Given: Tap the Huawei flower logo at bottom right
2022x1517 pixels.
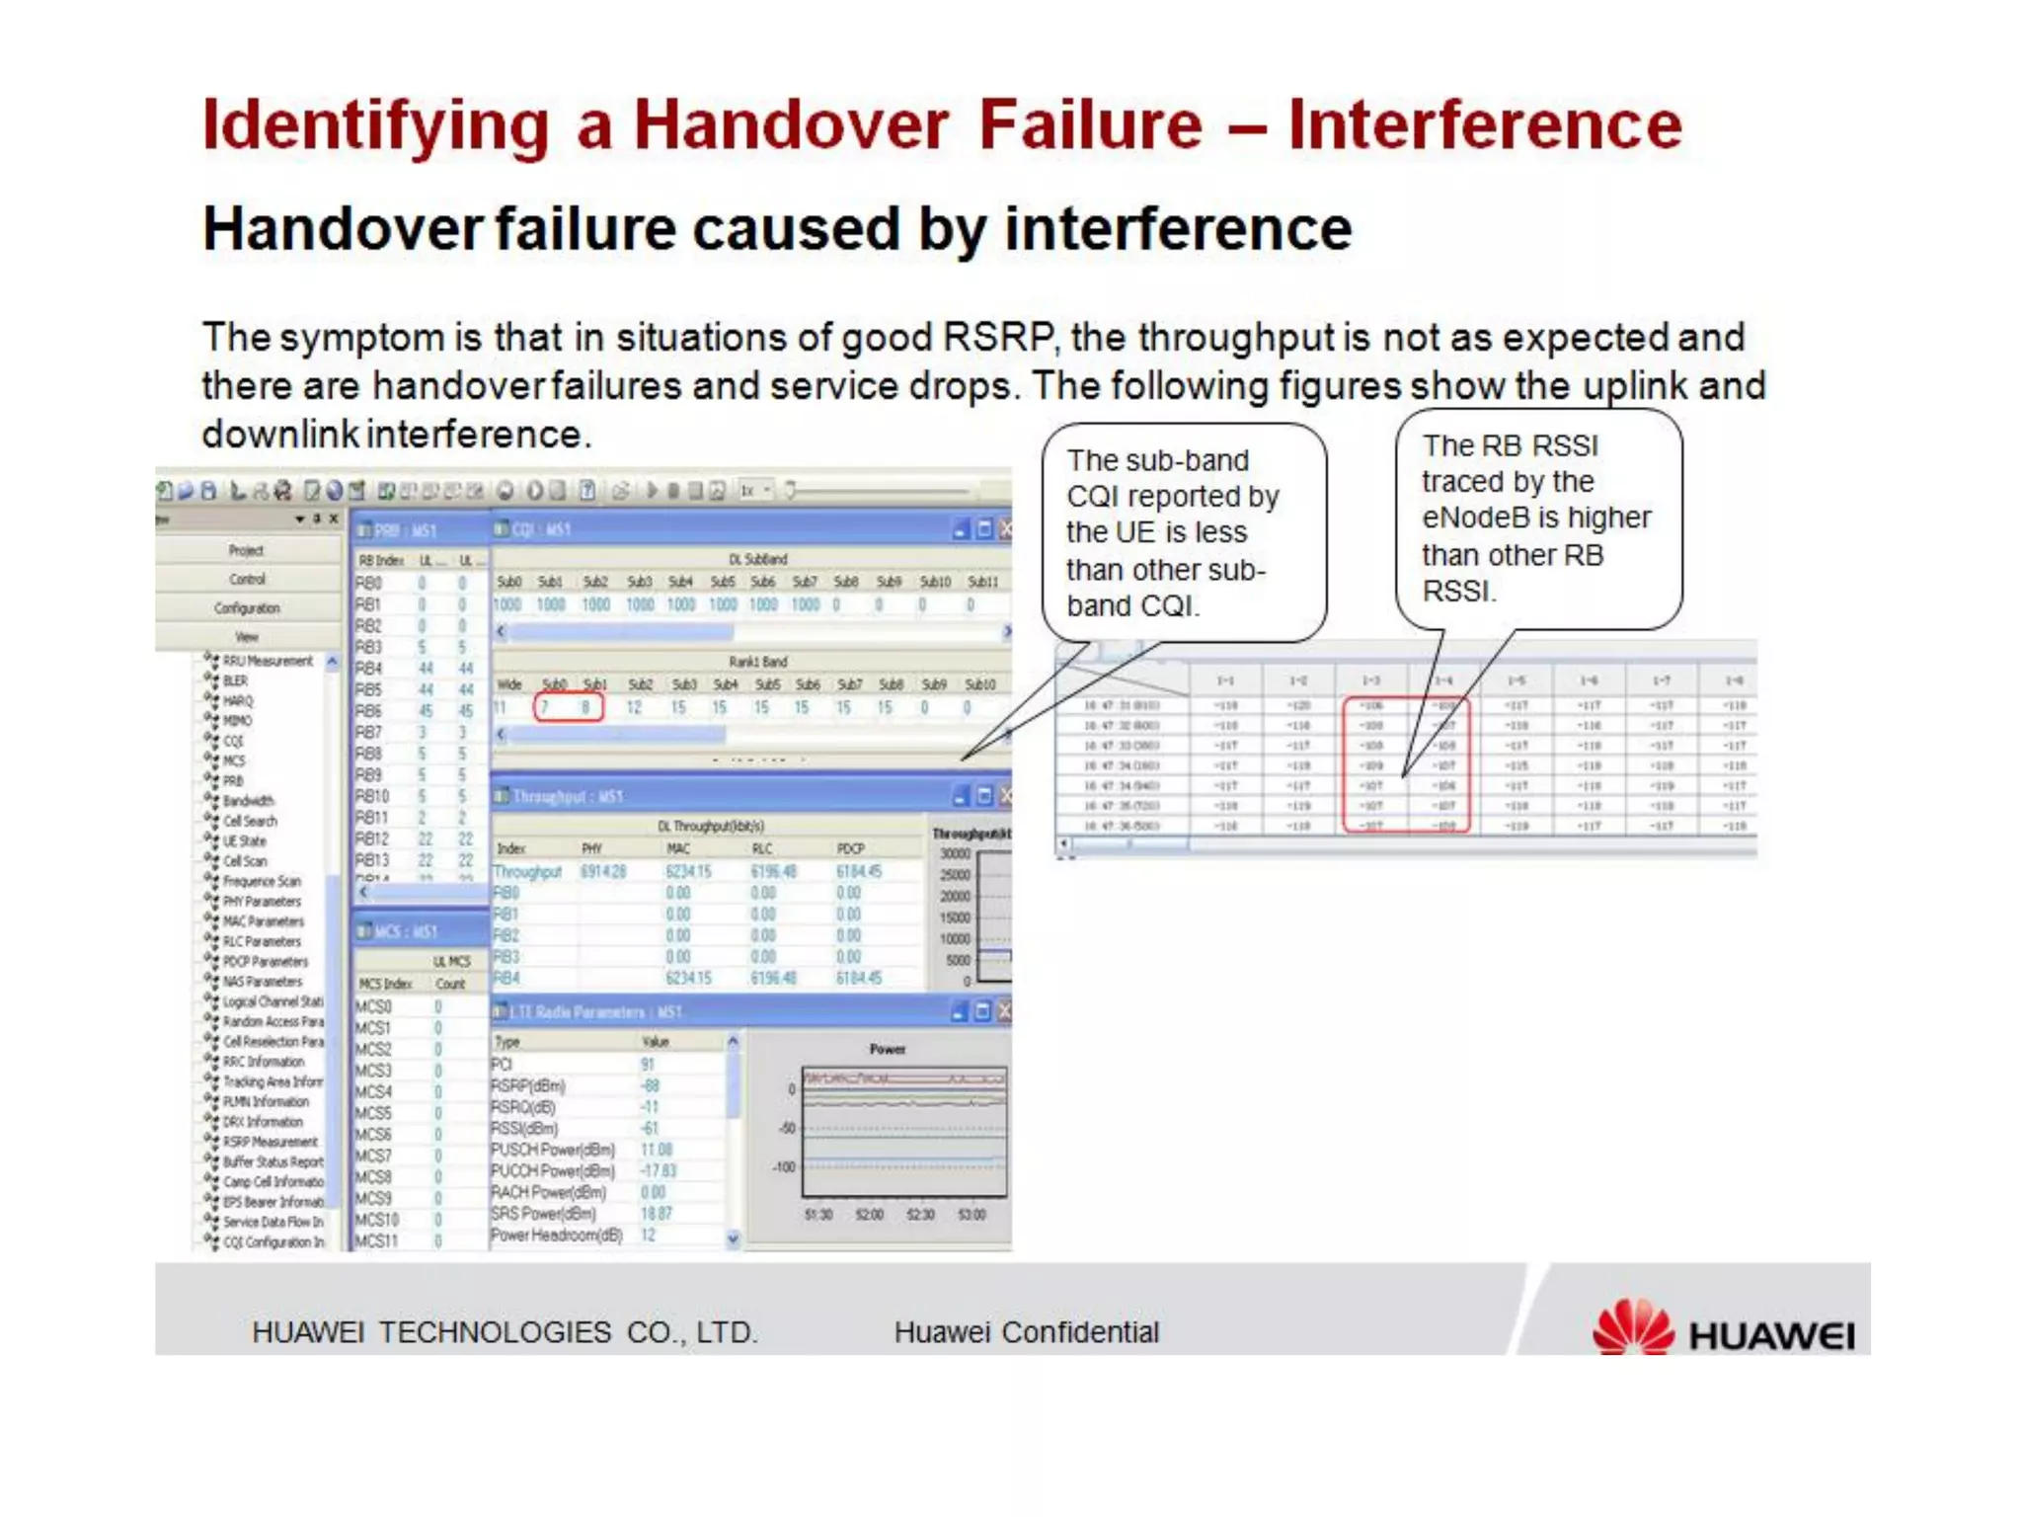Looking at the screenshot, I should pos(1632,1327).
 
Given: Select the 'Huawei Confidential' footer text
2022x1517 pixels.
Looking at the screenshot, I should pos(1026,1332).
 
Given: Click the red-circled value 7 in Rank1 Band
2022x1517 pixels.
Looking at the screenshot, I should pos(545,707).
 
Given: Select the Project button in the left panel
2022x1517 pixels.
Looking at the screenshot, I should pos(246,550).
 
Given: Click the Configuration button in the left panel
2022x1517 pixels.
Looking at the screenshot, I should pos(247,608).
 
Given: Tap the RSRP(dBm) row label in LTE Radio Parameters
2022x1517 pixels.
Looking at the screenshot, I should pos(528,1085).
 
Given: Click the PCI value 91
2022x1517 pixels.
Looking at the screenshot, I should pos(648,1064).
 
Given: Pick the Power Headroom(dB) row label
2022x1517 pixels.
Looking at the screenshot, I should pos(557,1236).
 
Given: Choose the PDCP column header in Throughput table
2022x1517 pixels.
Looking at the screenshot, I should pos(850,848).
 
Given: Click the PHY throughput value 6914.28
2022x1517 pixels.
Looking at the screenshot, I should pos(602,871).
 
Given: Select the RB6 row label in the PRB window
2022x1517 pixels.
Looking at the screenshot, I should pos(368,711).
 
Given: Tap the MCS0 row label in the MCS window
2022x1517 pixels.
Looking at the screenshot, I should pos(373,1006).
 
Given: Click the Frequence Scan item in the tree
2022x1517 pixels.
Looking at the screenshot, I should pos(261,881).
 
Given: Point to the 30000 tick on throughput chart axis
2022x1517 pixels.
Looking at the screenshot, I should pos(955,853).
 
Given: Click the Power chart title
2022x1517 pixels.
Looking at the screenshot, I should pos(887,1049).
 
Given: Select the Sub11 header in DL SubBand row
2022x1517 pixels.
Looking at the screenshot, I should pos(982,582).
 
